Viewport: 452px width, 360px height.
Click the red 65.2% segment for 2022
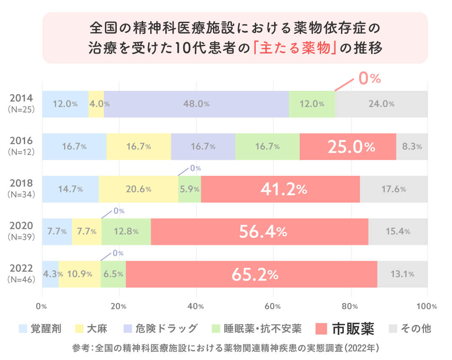point(251,274)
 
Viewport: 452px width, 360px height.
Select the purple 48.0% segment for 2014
point(196,104)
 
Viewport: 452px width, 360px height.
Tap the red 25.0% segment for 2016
point(348,147)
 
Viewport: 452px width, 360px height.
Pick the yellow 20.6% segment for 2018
point(138,189)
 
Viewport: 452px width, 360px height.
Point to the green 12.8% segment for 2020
point(126,231)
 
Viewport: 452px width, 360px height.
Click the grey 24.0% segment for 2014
point(381,104)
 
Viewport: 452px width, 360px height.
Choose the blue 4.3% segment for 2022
point(50,274)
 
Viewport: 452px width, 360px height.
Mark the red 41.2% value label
point(283,189)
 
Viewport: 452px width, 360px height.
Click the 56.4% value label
point(263,231)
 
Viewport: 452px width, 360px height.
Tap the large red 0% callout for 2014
point(370,78)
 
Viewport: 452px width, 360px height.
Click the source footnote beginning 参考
point(226,348)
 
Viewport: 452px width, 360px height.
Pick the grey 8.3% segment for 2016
point(412,147)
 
